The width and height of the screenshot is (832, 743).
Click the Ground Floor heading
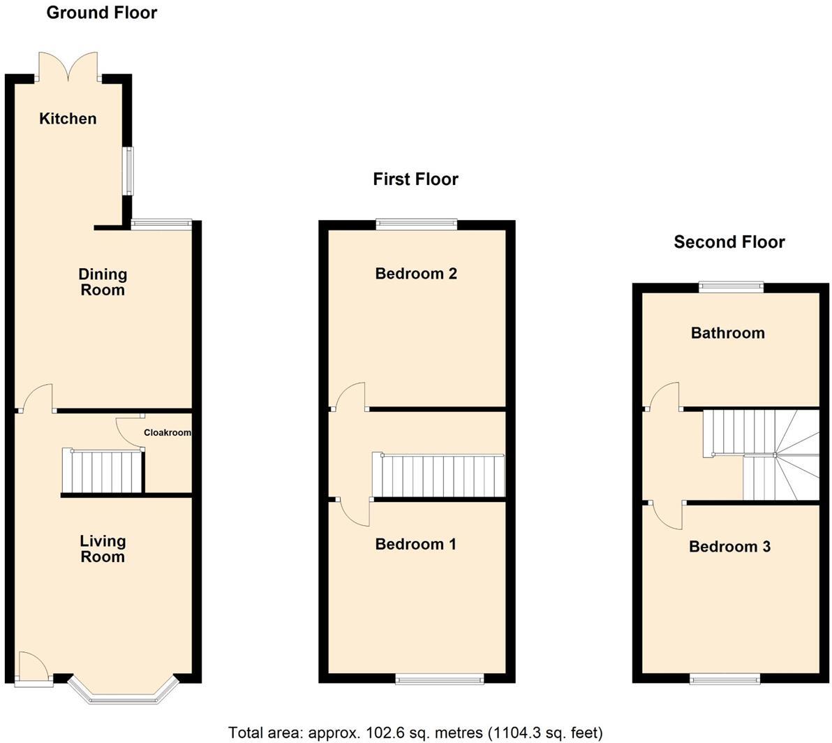tap(102, 13)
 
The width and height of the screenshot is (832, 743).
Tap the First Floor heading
tap(415, 179)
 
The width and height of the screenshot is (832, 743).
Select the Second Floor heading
tap(729, 242)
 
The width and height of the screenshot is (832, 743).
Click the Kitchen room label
tap(68, 119)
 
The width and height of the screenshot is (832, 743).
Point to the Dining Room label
tap(102, 282)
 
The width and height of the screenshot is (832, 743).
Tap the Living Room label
tap(102, 549)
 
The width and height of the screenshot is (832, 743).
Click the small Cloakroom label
tap(167, 433)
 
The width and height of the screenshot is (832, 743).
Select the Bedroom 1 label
tap(415, 544)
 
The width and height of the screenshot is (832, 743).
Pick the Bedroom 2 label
tap(415, 274)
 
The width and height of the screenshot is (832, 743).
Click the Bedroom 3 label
tap(729, 547)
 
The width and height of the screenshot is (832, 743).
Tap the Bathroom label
tap(727, 333)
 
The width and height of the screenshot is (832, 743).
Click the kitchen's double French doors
tap(68, 67)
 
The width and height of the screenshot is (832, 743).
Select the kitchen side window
tap(128, 170)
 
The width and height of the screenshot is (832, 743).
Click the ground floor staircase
tap(103, 471)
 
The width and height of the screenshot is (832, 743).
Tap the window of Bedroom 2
tap(416, 223)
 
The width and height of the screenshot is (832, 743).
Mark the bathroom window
tap(731, 286)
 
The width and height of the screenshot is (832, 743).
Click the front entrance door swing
tap(33, 667)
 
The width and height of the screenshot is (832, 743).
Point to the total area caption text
tap(415, 733)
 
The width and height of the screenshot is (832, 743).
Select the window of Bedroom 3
tap(725, 678)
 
